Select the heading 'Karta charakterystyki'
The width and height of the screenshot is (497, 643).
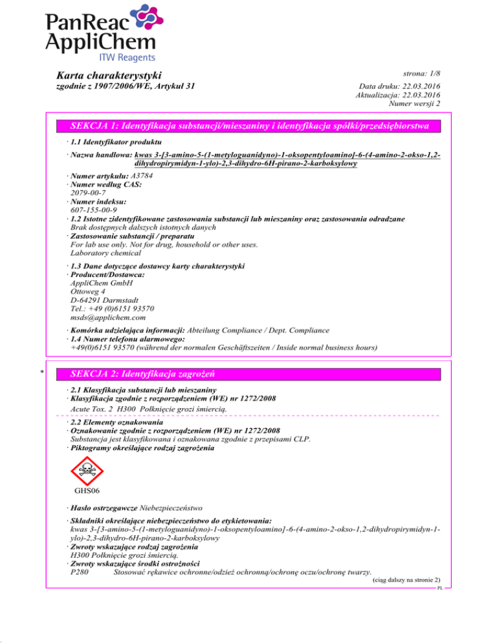pyautogui.click(x=109, y=76)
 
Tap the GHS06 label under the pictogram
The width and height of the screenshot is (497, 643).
pyautogui.click(x=86, y=508)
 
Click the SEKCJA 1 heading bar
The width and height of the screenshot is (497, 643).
pyautogui.click(x=248, y=125)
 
